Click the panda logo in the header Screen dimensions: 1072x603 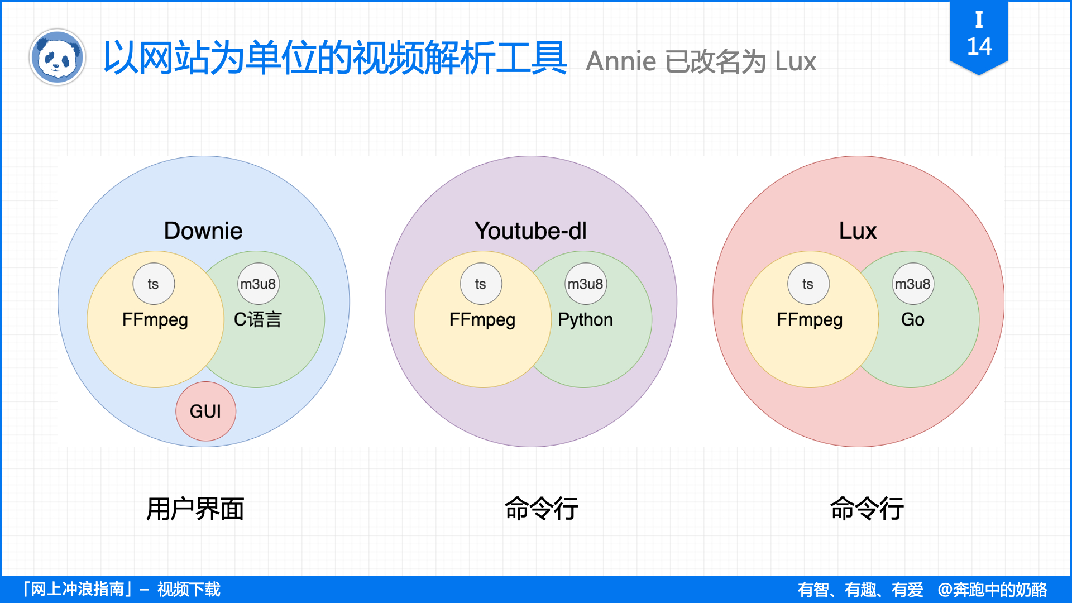(x=57, y=57)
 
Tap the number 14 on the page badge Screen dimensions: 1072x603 (x=979, y=46)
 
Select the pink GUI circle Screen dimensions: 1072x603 (x=205, y=411)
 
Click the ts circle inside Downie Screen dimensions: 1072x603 (x=154, y=284)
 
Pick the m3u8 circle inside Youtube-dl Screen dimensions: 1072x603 (x=585, y=284)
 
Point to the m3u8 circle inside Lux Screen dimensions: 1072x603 (x=912, y=284)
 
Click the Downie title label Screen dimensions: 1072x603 (x=203, y=231)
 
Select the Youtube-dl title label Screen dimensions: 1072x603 (x=530, y=231)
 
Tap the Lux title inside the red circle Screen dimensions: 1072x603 (x=858, y=231)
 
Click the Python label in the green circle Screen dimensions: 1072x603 (x=585, y=319)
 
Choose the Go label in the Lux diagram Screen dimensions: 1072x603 (x=912, y=319)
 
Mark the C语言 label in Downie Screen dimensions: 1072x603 (x=257, y=319)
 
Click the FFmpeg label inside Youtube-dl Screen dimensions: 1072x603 (x=482, y=319)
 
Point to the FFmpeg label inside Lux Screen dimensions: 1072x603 (x=810, y=319)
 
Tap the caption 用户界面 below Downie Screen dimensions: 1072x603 (x=195, y=509)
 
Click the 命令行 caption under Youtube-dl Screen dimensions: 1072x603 (x=541, y=509)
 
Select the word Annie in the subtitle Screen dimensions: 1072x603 (x=621, y=61)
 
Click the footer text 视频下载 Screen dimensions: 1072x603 (x=189, y=589)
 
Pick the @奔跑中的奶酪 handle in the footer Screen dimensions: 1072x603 (x=992, y=590)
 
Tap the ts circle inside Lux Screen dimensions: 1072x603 (x=808, y=284)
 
